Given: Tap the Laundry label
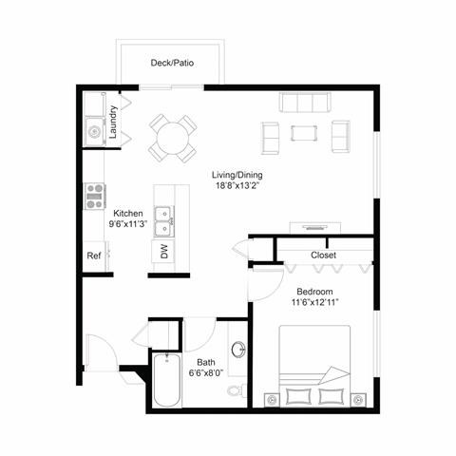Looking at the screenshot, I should pyautogui.click(x=113, y=122).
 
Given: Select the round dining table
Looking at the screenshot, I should pyautogui.click(x=172, y=137).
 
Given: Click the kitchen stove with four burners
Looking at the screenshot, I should pyautogui.click(x=95, y=195).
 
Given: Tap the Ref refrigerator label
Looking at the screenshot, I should pyautogui.click(x=94, y=256).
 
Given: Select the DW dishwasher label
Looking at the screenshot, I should pyautogui.click(x=164, y=252).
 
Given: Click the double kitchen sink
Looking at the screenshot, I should pyautogui.click(x=164, y=220).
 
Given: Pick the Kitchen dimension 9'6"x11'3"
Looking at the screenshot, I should pyautogui.click(x=129, y=226).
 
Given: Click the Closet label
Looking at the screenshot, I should pyautogui.click(x=324, y=256).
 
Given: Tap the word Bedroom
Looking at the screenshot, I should pyautogui.click(x=314, y=291).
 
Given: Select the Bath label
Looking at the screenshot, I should pyautogui.click(x=206, y=363).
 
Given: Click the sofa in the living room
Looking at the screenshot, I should pyautogui.click(x=303, y=104).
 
